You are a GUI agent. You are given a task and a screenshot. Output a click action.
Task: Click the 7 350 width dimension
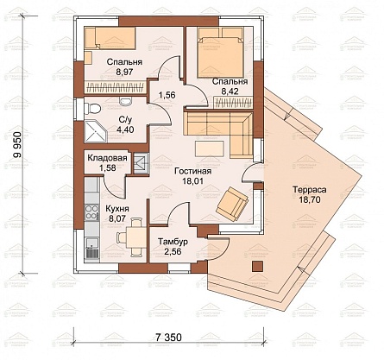pyautogui.click(x=168, y=337)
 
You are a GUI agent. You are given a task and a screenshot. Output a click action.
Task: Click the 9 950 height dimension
pyautogui.click(x=18, y=145)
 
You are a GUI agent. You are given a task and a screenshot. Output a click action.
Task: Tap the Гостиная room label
pyautogui.click(x=193, y=171)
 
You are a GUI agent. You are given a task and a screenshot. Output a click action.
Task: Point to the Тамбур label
pyautogui.click(x=173, y=242)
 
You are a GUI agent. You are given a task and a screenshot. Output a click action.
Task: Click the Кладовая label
pyautogui.click(x=107, y=158)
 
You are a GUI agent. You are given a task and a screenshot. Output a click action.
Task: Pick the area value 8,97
pyautogui.click(x=124, y=72)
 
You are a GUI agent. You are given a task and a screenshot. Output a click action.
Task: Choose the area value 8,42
pyautogui.click(x=230, y=92)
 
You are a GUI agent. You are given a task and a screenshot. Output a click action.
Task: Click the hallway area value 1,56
pyautogui.click(x=167, y=95)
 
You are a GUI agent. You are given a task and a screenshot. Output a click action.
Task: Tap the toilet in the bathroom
pyautogui.click(x=92, y=109)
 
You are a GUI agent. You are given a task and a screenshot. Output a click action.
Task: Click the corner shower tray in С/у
pyautogui.click(x=96, y=131)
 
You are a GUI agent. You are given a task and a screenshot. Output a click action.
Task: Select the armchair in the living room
pyautogui.click(x=232, y=204)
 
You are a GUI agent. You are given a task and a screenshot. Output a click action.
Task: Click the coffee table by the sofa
pyautogui.click(x=210, y=148)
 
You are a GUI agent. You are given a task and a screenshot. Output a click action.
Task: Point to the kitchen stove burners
pyautogui.click(x=91, y=212)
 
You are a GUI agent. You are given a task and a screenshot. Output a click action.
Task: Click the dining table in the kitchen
pyautogui.click(x=136, y=237)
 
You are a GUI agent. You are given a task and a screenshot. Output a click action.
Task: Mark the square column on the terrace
pyautogui.click(x=258, y=266)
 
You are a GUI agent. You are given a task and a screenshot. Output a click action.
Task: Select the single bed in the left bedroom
pyautogui.click(x=110, y=38)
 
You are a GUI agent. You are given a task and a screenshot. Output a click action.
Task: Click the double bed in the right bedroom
pyautogui.click(x=221, y=53)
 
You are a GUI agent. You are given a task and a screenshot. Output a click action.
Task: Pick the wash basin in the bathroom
pyautogui.click(x=125, y=100)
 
